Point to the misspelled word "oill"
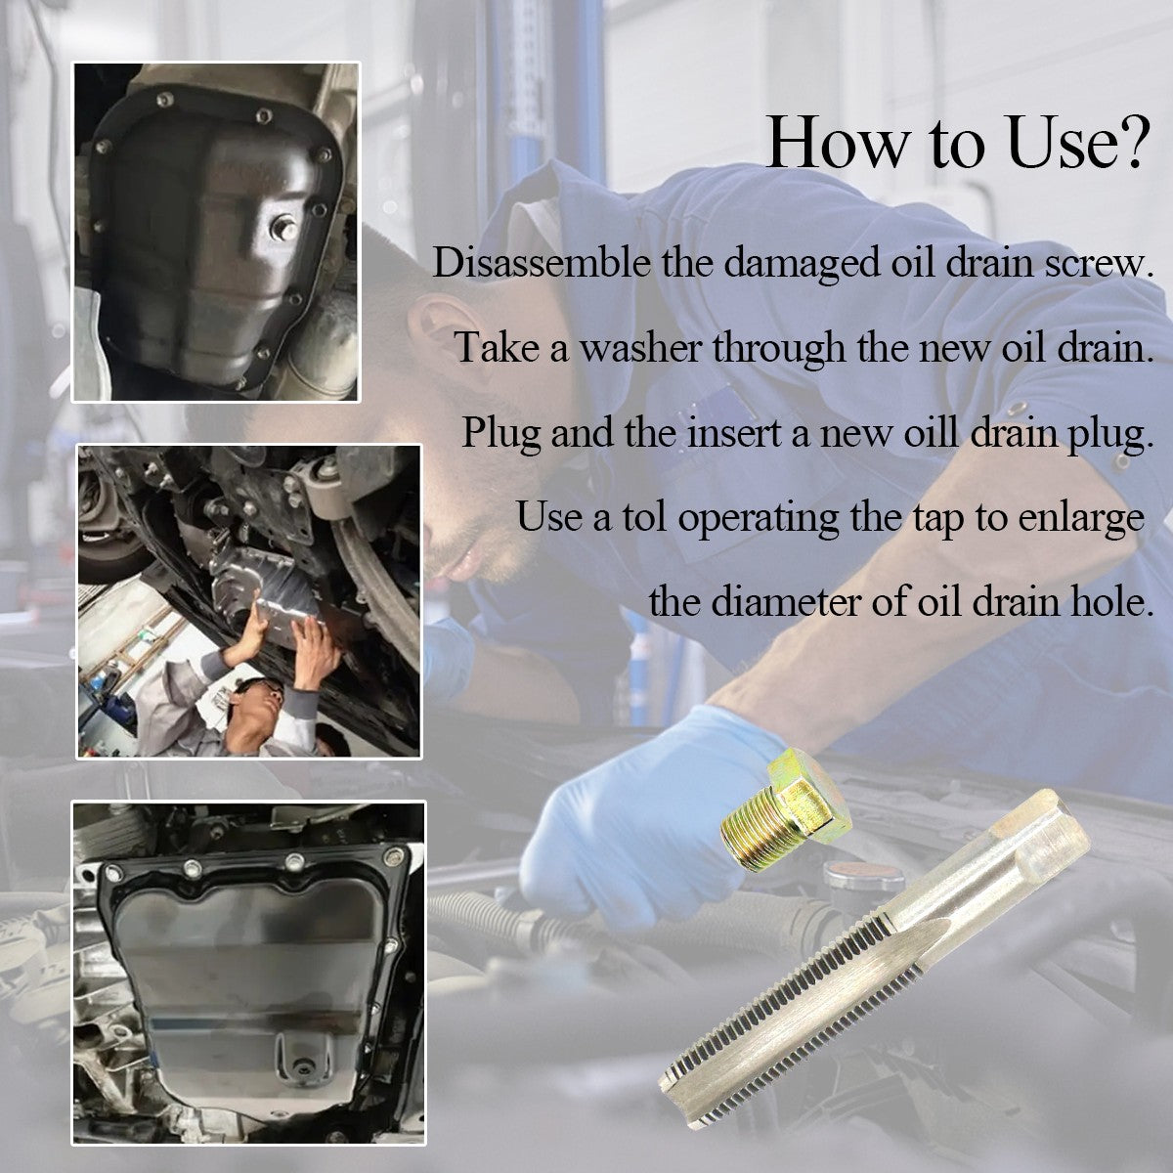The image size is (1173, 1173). click(931, 432)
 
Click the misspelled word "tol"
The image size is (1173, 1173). click(644, 517)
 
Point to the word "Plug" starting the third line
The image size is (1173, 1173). click(501, 433)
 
